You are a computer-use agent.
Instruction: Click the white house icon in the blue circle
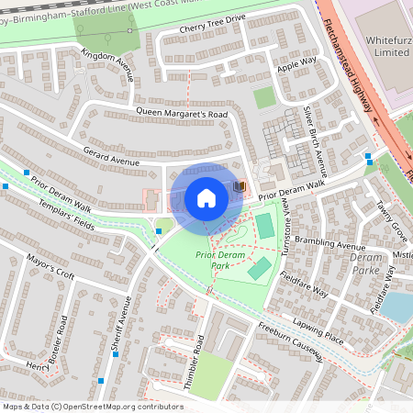point(206,198)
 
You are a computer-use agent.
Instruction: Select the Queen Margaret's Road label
point(181,113)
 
